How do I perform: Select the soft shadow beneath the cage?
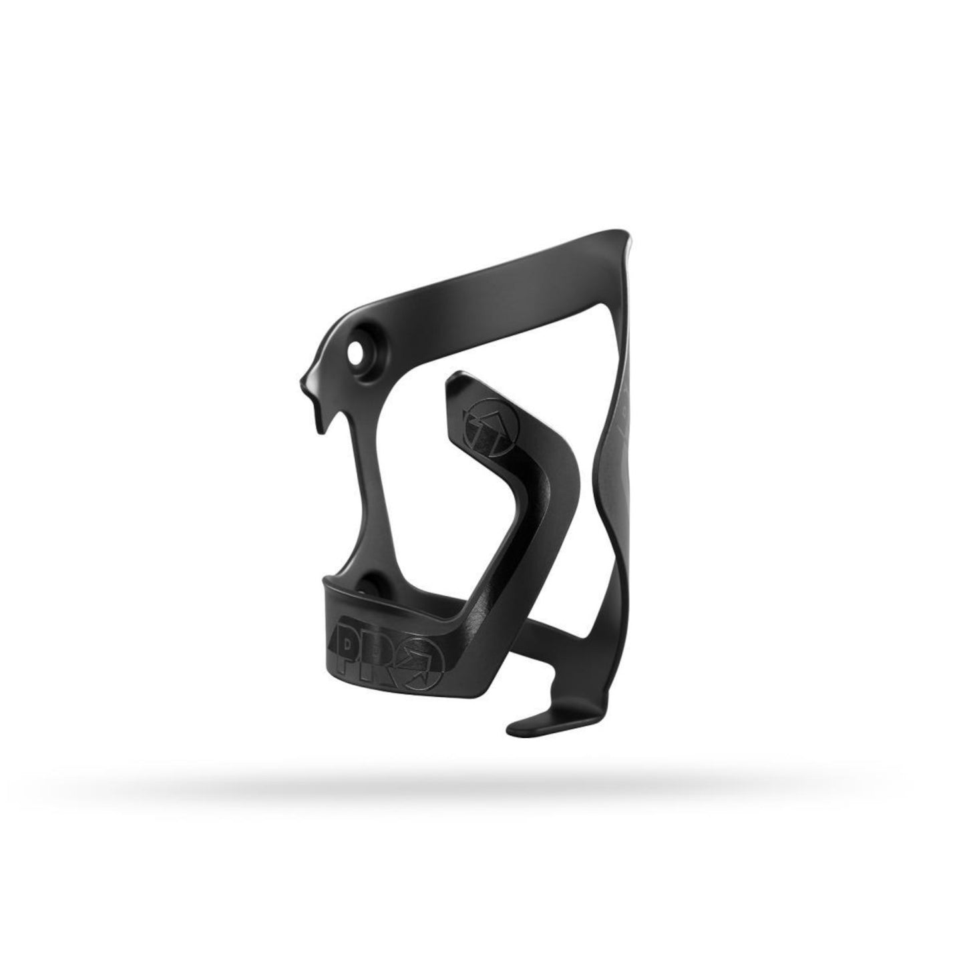point(481,798)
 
